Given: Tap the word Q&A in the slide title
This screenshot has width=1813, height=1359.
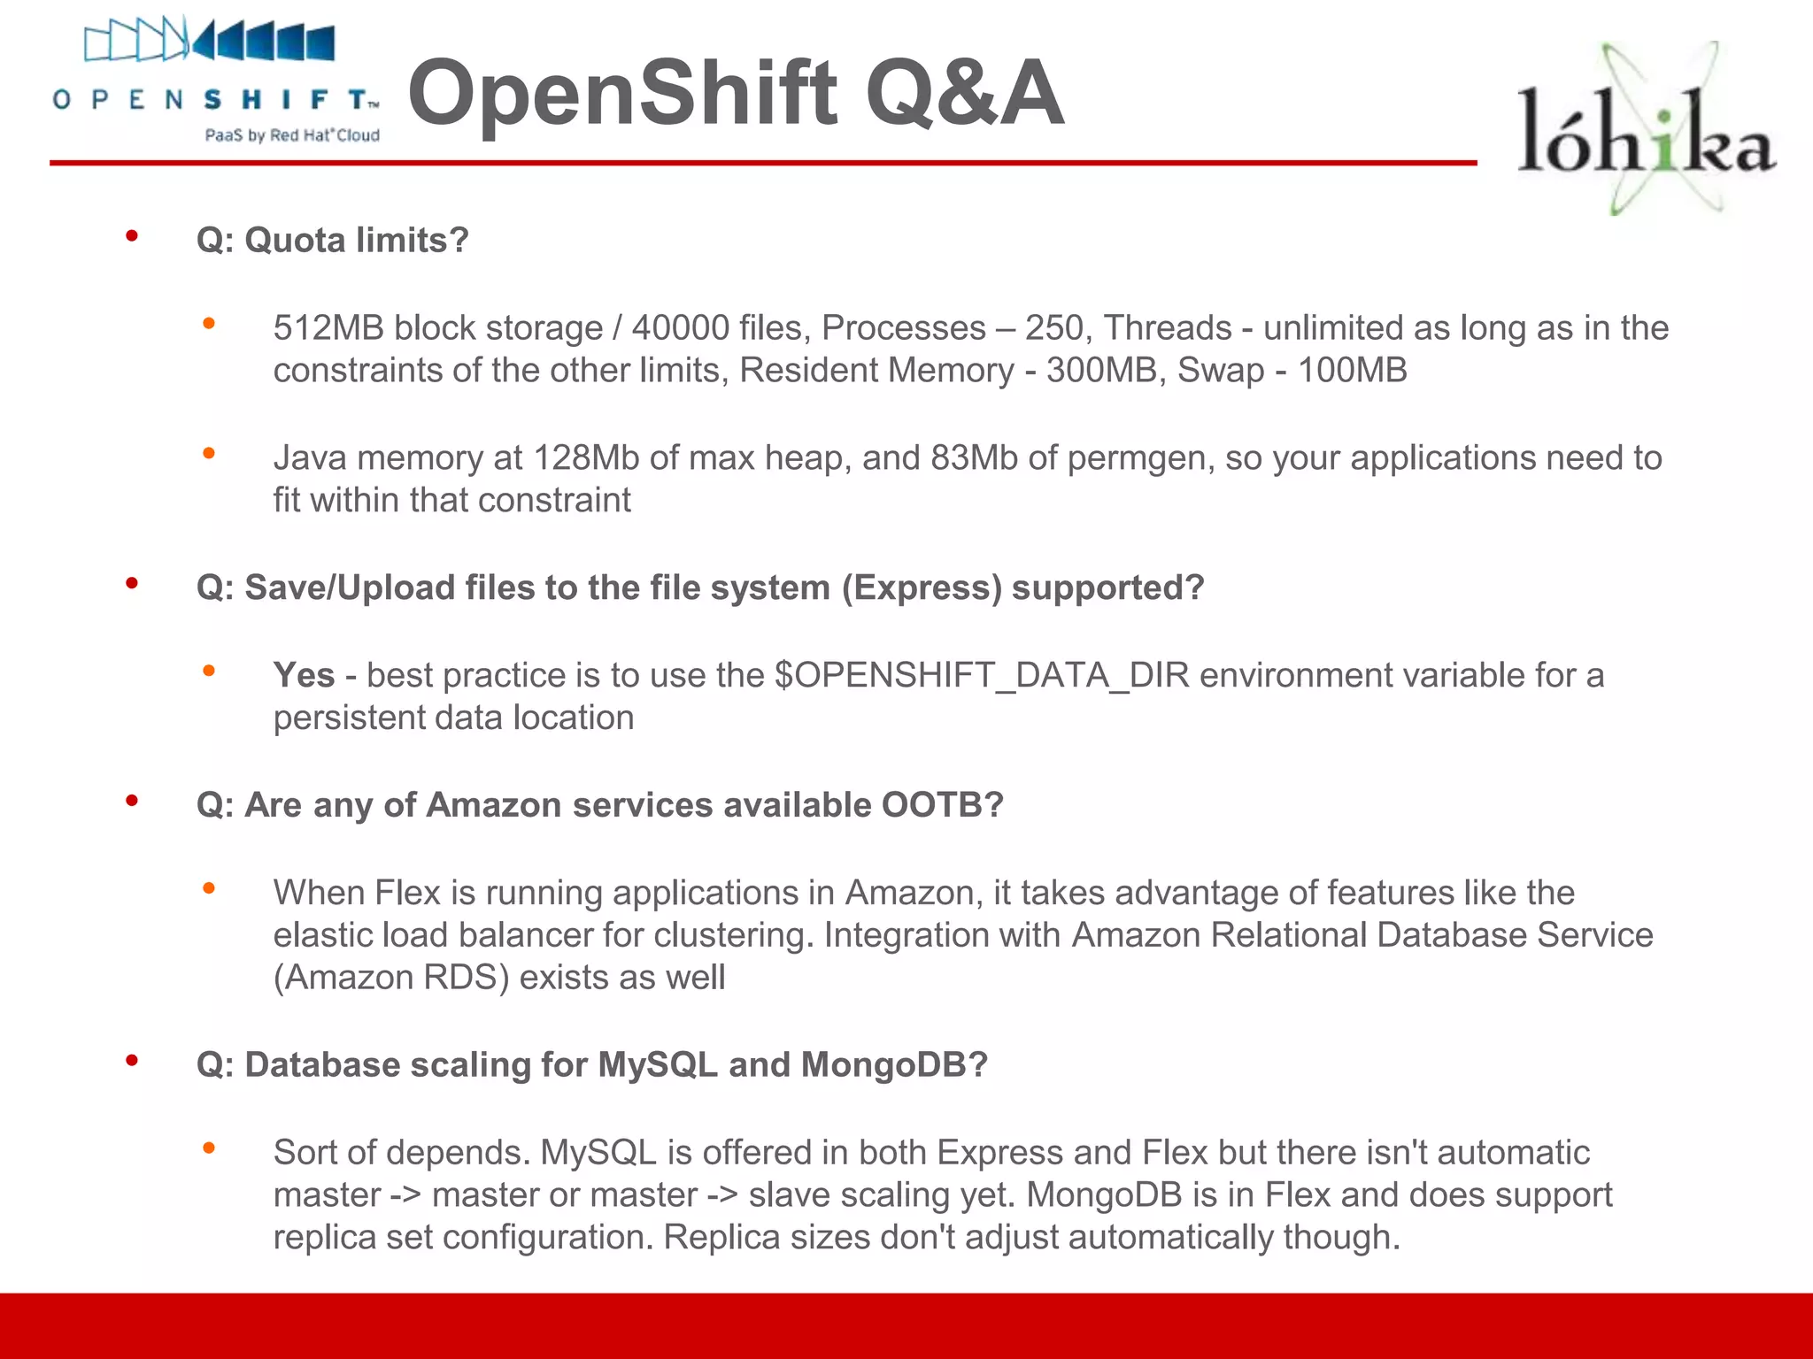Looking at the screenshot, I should (965, 93).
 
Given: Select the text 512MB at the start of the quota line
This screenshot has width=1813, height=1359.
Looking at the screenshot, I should (328, 328).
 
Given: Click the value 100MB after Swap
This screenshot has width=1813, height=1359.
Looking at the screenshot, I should (1352, 371).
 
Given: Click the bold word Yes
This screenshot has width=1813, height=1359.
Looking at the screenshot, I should (304, 675).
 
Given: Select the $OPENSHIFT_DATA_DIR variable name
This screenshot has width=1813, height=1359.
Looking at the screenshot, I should (983, 676).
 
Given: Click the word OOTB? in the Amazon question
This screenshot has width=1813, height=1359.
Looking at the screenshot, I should (942, 805).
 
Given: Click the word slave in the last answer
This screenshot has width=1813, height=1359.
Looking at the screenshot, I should (788, 1195).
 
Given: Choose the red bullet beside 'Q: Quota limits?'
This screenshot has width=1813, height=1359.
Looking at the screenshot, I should (132, 236).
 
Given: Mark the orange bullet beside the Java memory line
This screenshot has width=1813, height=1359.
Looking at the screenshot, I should (209, 454).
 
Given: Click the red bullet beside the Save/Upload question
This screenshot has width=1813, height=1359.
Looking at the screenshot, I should (132, 583).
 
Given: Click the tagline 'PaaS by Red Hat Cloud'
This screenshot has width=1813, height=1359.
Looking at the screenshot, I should (292, 135).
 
